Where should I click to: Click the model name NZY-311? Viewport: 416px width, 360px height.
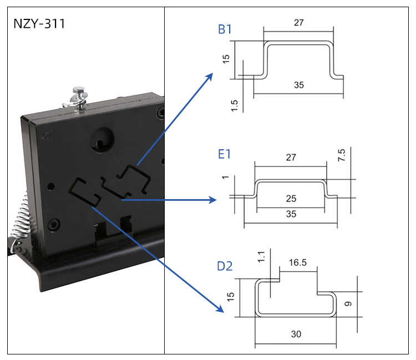[x=39, y=24]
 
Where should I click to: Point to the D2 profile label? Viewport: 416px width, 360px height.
[x=225, y=267]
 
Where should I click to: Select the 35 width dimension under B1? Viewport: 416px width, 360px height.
[x=298, y=85]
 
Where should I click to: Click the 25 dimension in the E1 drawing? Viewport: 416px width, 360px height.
[x=291, y=198]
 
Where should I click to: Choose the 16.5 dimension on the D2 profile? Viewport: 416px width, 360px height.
[x=297, y=262]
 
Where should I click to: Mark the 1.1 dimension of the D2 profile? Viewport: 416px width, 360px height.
[x=261, y=256]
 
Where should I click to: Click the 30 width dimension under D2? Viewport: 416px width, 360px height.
[x=296, y=334]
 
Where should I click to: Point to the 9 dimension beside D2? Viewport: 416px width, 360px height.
[x=348, y=304]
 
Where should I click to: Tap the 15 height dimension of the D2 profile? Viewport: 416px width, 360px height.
[x=231, y=297]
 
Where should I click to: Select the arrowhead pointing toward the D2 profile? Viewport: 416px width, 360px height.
[x=221, y=308]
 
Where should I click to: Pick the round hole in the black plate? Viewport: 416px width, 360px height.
[x=103, y=138]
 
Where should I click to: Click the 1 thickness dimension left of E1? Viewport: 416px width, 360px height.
[x=225, y=178]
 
